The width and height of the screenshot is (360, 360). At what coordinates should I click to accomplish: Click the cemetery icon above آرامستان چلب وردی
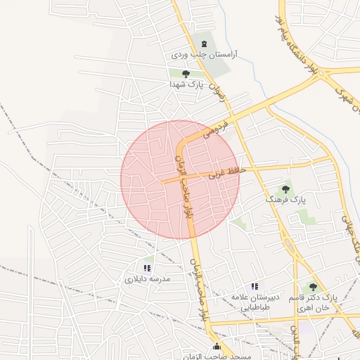pos(205,44)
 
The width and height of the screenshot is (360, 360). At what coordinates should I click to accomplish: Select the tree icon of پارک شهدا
pos(186,73)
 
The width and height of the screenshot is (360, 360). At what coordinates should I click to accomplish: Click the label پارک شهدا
pos(186,83)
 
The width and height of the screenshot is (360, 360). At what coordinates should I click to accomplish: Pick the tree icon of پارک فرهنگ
pos(285,188)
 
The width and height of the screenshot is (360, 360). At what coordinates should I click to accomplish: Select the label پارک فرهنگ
pos(285,199)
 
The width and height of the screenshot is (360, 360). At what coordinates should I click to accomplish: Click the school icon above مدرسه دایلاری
pos(147,268)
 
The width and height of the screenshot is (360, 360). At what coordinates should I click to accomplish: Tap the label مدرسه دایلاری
pos(147,278)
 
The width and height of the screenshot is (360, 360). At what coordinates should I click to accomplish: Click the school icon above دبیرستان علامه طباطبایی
pos(255,286)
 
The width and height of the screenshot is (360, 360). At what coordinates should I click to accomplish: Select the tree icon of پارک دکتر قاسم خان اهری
pos(313,287)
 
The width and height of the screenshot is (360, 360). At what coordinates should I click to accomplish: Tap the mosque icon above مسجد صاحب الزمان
pos(217,347)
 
